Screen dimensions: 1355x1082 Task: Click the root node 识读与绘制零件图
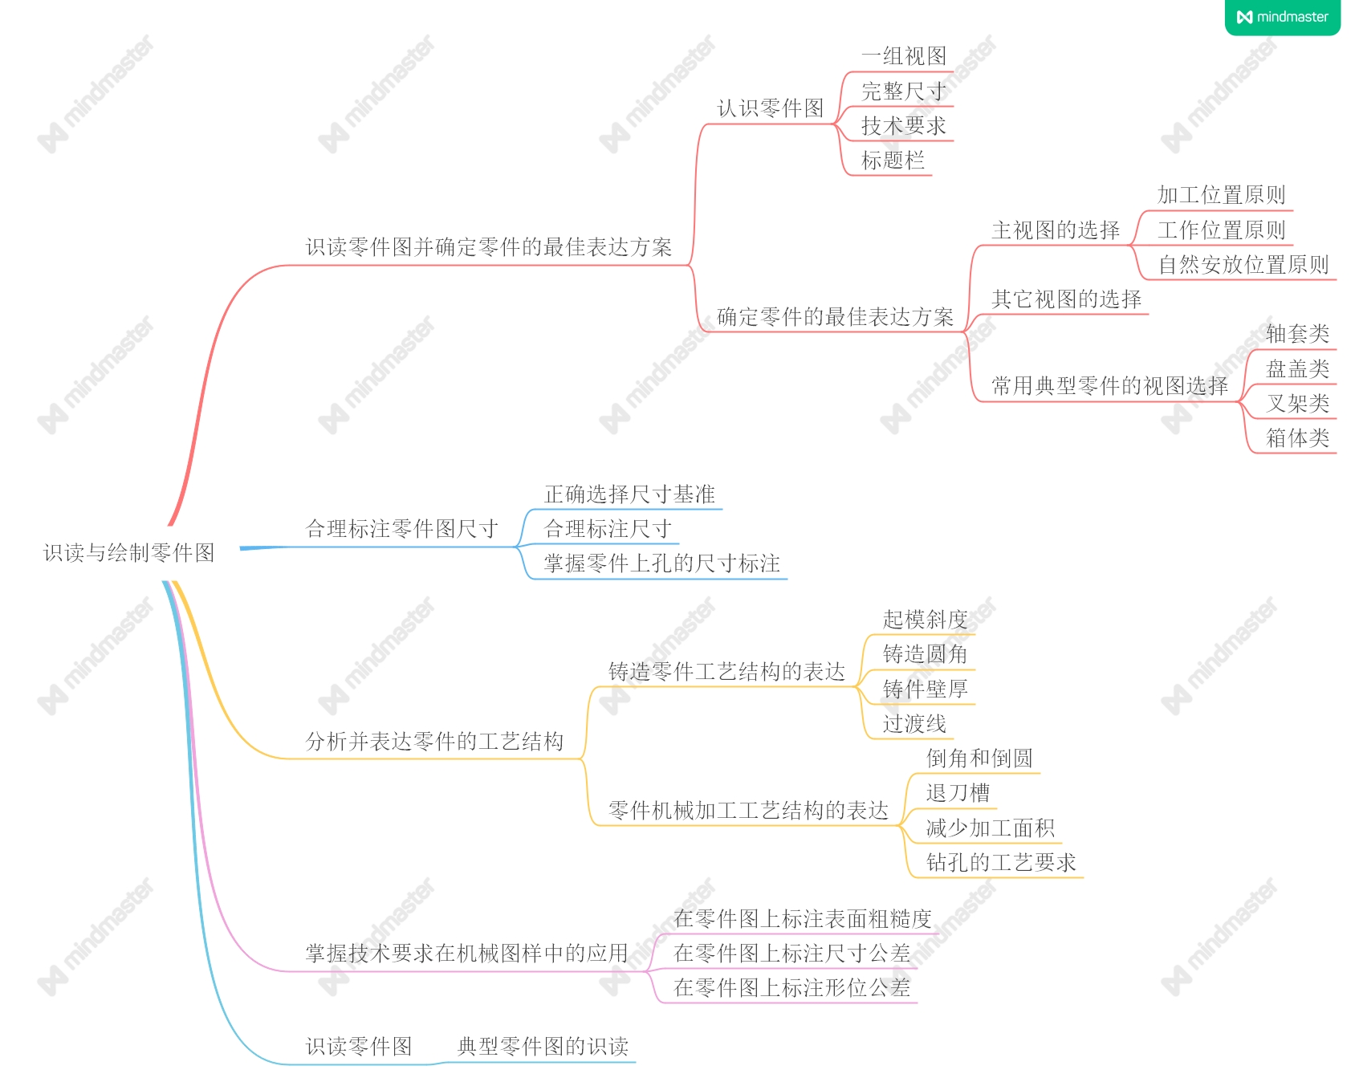(x=128, y=552)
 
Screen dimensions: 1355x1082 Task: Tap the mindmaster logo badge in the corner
(x=1282, y=17)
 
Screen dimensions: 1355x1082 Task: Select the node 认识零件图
(x=770, y=108)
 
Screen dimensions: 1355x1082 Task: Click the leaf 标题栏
(x=893, y=161)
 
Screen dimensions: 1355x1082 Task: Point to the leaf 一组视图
(x=903, y=56)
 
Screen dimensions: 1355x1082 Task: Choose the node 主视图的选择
(x=1055, y=230)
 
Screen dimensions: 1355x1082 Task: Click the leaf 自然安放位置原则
(x=1243, y=265)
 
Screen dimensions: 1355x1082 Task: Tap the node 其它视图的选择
(x=1066, y=299)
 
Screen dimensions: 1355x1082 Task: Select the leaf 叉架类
(x=1297, y=403)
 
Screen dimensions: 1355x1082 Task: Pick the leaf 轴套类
(x=1297, y=333)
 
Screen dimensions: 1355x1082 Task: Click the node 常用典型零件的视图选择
(x=1109, y=386)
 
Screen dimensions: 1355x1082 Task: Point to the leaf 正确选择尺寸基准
(x=629, y=494)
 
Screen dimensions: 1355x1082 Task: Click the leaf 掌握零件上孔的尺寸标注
(x=661, y=563)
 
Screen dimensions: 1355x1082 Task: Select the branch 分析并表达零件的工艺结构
(x=434, y=742)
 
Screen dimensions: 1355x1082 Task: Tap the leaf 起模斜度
(x=925, y=620)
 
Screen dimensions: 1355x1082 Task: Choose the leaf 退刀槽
(x=958, y=793)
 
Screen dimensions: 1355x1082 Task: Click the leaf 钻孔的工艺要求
(x=1000, y=863)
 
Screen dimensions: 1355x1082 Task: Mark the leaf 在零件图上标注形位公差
(x=791, y=988)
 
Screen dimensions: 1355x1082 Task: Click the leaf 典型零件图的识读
(x=543, y=1047)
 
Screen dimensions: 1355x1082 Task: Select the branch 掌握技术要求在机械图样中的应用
(x=466, y=954)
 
